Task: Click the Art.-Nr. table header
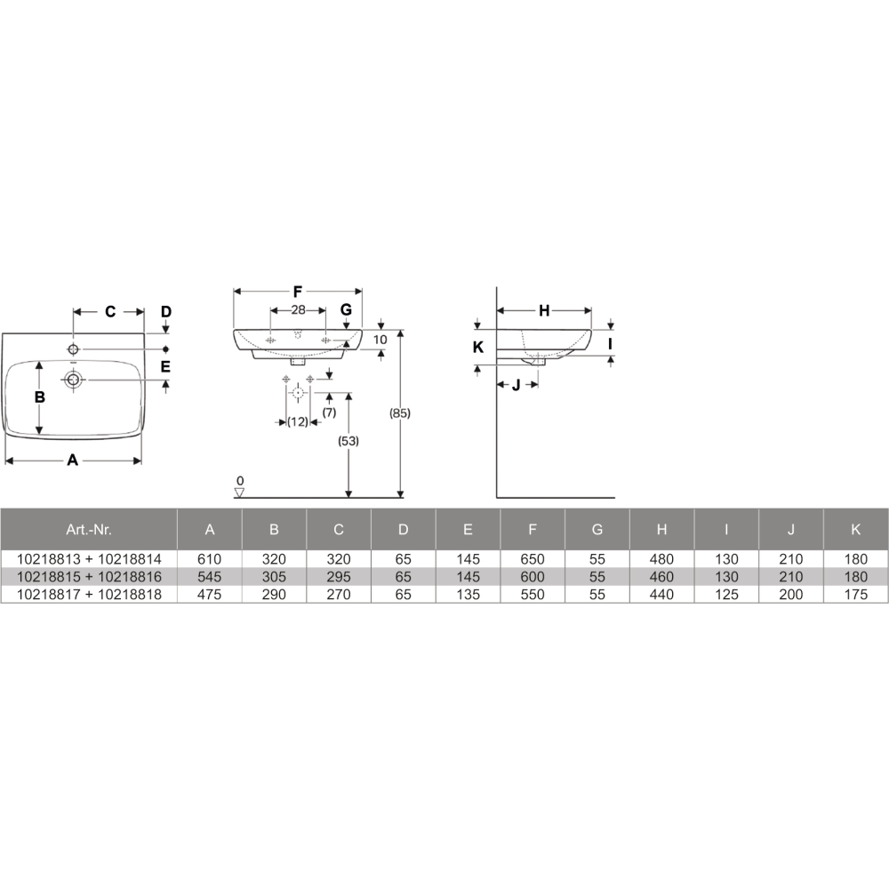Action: pos(89,530)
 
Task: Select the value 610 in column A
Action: pos(209,559)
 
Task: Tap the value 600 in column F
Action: pos(533,577)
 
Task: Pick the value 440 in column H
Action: pos(661,594)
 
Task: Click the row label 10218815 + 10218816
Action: pos(89,577)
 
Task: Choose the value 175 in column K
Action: pos(855,594)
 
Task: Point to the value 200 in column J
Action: pos(791,594)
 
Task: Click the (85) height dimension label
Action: pos(400,413)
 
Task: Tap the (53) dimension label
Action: pos(348,441)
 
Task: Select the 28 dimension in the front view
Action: pos(298,310)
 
